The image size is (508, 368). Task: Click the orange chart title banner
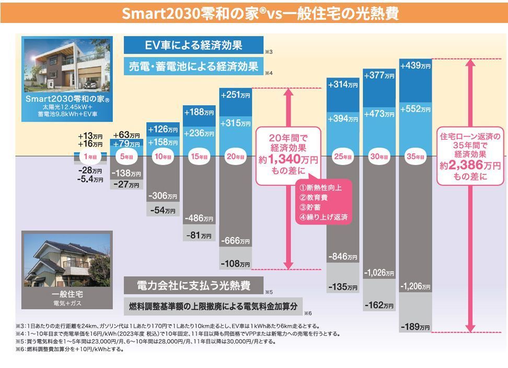point(254,12)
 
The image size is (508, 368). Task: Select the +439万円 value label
point(415,66)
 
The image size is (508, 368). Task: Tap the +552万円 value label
point(415,110)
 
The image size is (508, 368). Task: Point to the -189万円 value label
point(415,327)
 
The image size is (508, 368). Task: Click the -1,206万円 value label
point(415,287)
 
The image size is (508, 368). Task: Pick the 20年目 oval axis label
point(235,157)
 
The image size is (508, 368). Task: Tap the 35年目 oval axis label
point(415,157)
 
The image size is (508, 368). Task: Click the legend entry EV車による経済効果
point(193,45)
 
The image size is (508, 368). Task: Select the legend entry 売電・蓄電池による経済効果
point(193,66)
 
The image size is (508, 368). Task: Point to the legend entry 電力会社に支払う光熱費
point(193,286)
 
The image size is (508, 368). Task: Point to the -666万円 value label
point(235,241)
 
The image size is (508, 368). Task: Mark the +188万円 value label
point(199,112)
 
